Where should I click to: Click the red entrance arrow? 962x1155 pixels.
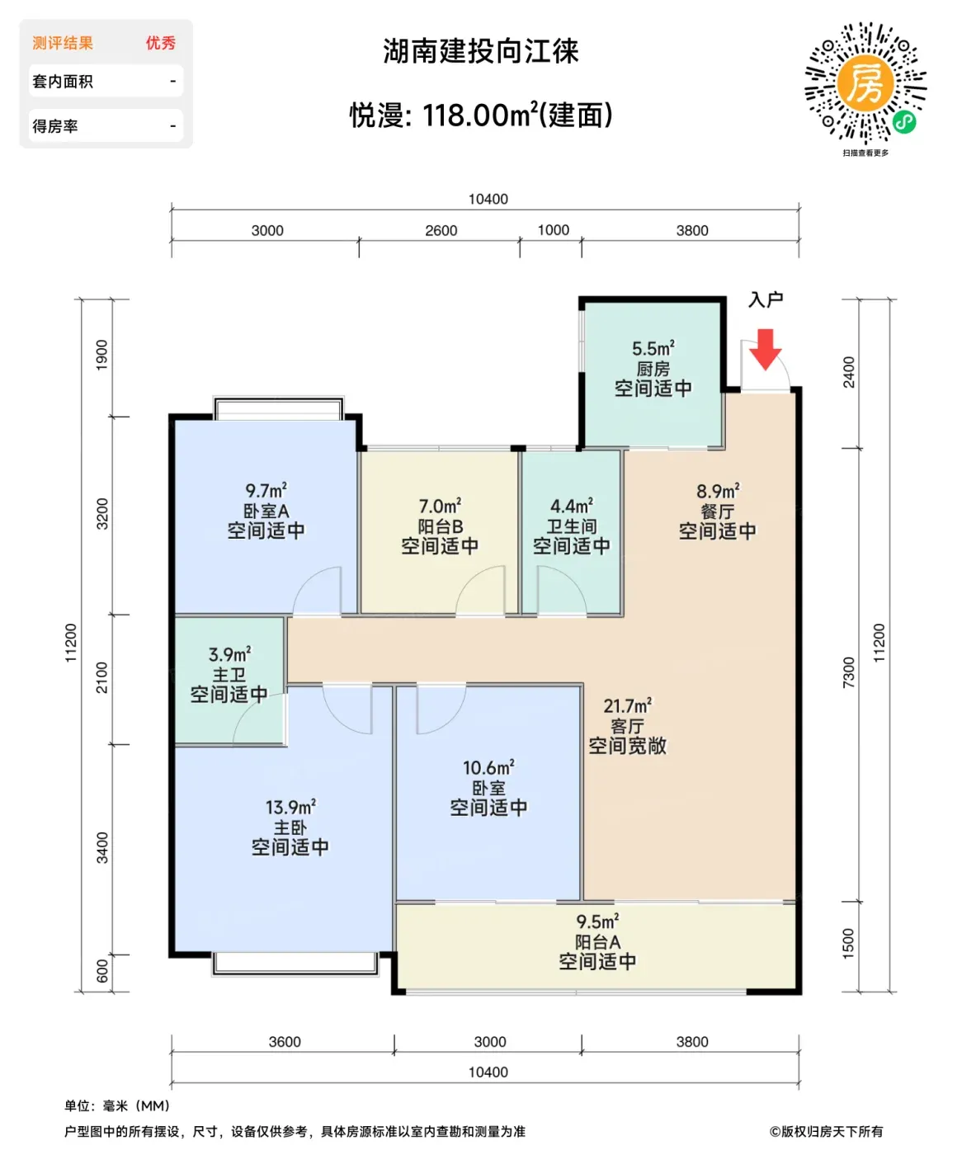tap(765, 348)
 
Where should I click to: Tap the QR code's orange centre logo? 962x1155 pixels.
tap(865, 83)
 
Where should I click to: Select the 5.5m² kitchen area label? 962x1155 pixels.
tap(653, 348)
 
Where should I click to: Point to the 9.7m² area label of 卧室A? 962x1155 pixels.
tap(266, 490)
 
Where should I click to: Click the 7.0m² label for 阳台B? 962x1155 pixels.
tap(440, 506)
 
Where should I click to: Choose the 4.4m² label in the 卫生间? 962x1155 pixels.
tap(572, 506)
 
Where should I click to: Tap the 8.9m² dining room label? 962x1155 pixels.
tap(718, 491)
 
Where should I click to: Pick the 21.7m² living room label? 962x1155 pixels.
tap(627, 705)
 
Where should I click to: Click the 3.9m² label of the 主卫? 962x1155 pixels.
tap(229, 654)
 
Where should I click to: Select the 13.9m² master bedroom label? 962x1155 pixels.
tap(290, 807)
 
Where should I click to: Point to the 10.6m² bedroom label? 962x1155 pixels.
tap(488, 767)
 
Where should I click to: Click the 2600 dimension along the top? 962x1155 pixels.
tap(441, 230)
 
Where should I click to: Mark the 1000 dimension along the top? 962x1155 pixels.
tap(554, 229)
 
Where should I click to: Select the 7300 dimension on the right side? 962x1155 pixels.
tap(848, 672)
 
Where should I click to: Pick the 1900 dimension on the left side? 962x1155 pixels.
tap(101, 355)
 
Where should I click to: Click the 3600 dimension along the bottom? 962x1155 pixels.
tap(285, 1042)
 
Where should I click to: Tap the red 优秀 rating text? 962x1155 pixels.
tap(160, 43)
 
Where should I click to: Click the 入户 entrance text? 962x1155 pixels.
tap(766, 299)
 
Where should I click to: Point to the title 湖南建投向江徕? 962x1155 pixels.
tap(481, 51)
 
